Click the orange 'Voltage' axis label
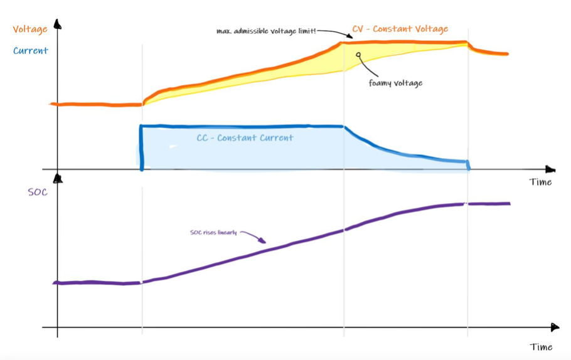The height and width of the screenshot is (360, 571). click(x=29, y=29)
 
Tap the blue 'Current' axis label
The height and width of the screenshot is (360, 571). click(x=30, y=51)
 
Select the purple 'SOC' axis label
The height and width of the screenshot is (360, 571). click(x=38, y=192)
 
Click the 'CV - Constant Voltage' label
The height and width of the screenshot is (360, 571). click(x=400, y=29)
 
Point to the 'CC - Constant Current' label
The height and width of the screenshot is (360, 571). click(x=245, y=137)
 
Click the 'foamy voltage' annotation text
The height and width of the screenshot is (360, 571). click(x=395, y=83)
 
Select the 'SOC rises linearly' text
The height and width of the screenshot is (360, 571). click(x=213, y=233)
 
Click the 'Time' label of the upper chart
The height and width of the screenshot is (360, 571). click(x=540, y=182)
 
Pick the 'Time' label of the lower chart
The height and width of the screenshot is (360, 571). click(x=541, y=347)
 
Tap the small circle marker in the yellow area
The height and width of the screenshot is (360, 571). click(x=358, y=55)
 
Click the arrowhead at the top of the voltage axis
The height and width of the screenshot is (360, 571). click(x=58, y=24)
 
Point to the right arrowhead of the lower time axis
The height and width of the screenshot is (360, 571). click(x=554, y=327)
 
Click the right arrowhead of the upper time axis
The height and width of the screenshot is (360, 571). click(x=550, y=169)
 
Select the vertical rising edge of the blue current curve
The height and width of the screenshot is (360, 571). click(x=141, y=148)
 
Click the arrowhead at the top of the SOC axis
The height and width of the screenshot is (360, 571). click(x=57, y=179)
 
